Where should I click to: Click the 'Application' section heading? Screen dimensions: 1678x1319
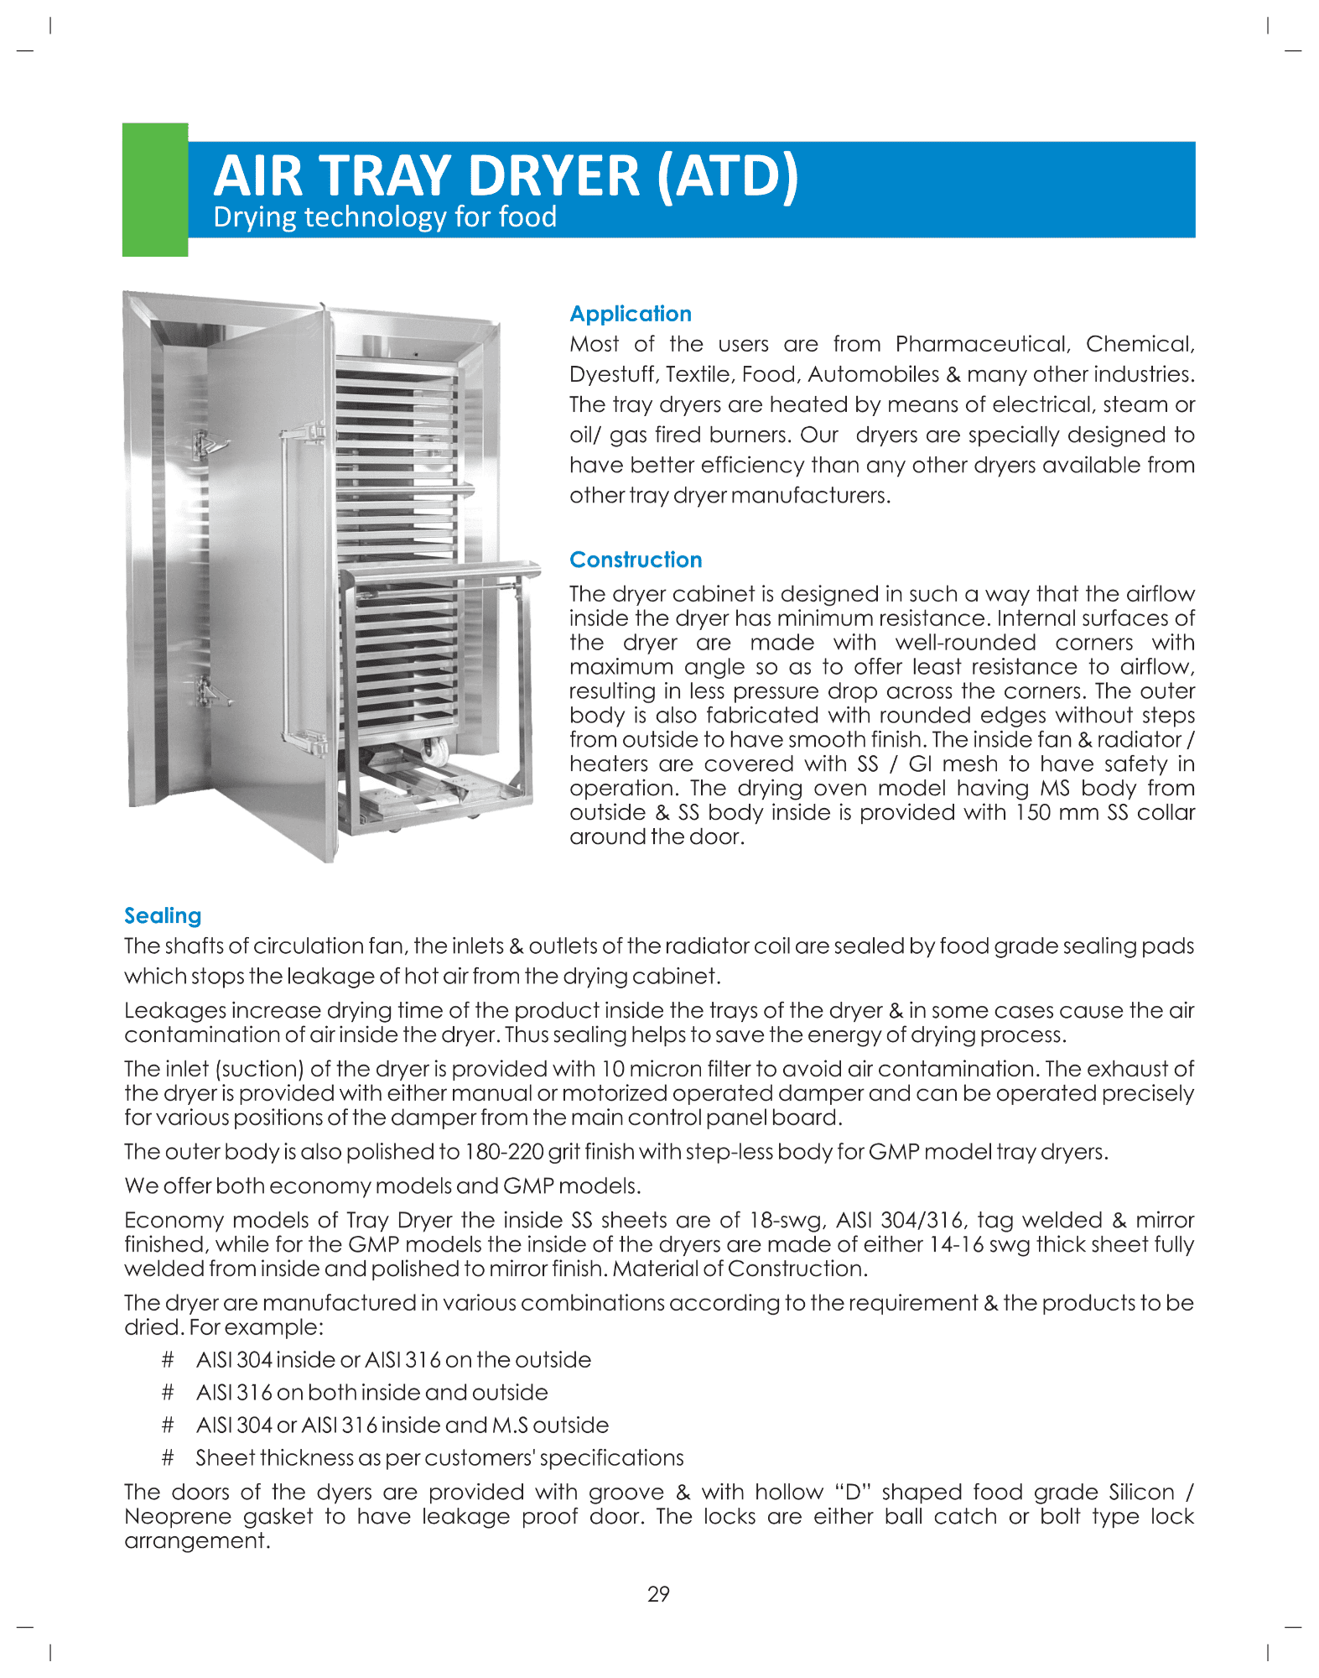pyautogui.click(x=630, y=314)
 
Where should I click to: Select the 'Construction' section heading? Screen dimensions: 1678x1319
pyautogui.click(x=635, y=560)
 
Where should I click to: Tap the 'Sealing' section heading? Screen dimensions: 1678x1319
pyautogui.click(x=163, y=915)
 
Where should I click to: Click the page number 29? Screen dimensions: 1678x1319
pyautogui.click(x=658, y=1594)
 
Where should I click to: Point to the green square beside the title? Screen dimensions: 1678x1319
pyautogui.click(x=155, y=190)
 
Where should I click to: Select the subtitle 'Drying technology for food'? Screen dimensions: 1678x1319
pyautogui.click(x=385, y=217)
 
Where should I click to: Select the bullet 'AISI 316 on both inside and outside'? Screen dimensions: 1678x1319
pyautogui.click(x=371, y=1393)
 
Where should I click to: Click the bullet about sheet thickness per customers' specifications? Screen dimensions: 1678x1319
pyautogui.click(x=439, y=1458)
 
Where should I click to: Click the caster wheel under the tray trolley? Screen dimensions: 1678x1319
pyautogui.click(x=434, y=750)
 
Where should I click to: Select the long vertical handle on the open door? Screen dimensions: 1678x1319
pyautogui.click(x=288, y=587)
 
